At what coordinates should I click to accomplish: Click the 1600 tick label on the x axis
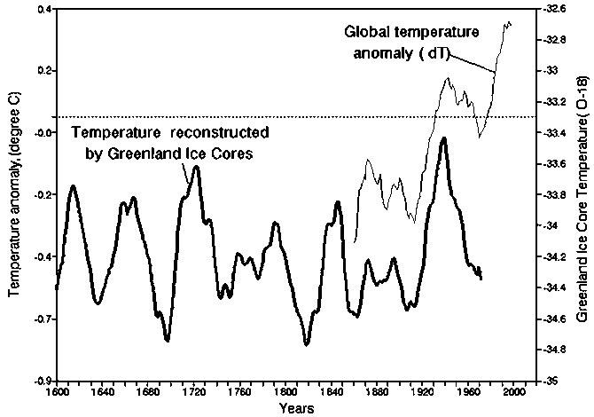(56, 390)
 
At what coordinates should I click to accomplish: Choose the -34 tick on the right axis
(549, 226)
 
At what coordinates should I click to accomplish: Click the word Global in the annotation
(366, 32)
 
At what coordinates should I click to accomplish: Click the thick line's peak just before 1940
(443, 138)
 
